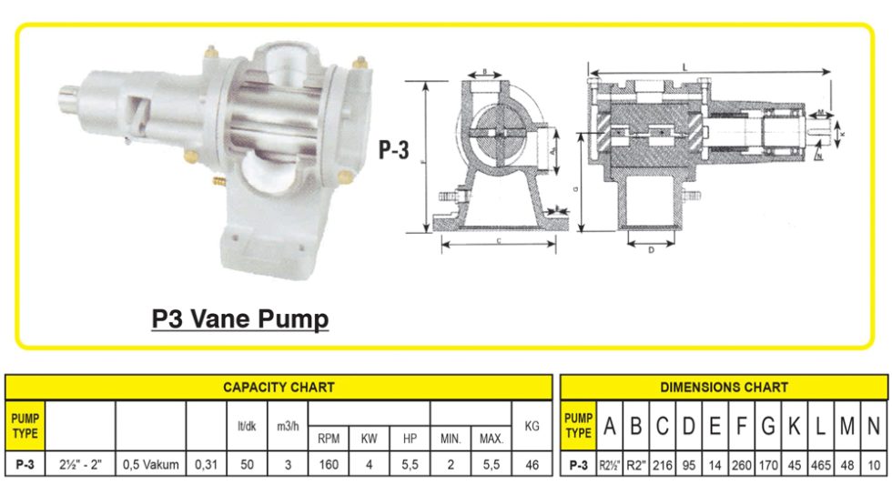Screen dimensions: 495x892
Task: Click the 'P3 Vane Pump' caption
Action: coord(239,320)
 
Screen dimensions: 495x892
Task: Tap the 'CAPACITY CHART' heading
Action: coord(279,387)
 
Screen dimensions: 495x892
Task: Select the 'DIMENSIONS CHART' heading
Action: coord(725,387)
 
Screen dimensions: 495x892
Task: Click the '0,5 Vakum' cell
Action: coord(150,465)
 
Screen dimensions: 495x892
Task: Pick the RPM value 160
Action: coord(329,465)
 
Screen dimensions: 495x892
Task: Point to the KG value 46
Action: coord(532,465)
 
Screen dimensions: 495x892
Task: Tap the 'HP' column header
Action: coord(410,439)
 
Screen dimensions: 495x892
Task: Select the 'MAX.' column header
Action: coord(492,439)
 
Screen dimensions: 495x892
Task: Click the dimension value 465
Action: coord(820,465)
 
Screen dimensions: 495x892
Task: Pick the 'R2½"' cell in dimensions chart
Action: coord(609,465)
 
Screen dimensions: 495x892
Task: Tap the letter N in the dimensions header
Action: coord(873,425)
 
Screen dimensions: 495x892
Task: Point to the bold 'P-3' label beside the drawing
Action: coord(393,150)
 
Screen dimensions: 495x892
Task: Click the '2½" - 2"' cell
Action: coord(79,465)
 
